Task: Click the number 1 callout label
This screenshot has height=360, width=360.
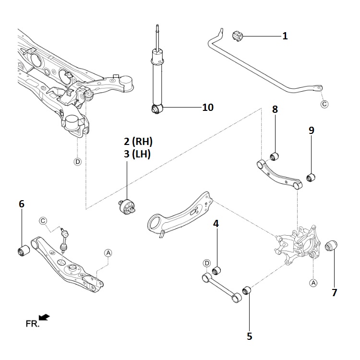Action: click(285, 36)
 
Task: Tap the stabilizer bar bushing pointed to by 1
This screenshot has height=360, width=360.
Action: click(238, 35)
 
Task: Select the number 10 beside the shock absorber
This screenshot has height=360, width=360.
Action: click(207, 107)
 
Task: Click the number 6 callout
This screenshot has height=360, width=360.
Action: click(21, 204)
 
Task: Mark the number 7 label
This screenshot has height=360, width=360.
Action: click(334, 292)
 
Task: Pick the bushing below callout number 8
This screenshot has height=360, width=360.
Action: click(275, 156)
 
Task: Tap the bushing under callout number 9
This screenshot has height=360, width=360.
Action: click(311, 178)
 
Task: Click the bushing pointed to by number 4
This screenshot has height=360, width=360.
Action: click(216, 271)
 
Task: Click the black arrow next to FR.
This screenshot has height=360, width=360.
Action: click(45, 317)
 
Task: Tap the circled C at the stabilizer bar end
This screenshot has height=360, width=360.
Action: click(324, 104)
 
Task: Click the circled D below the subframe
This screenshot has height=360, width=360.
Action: click(78, 161)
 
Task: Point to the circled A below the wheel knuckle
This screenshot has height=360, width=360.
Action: click(313, 283)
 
